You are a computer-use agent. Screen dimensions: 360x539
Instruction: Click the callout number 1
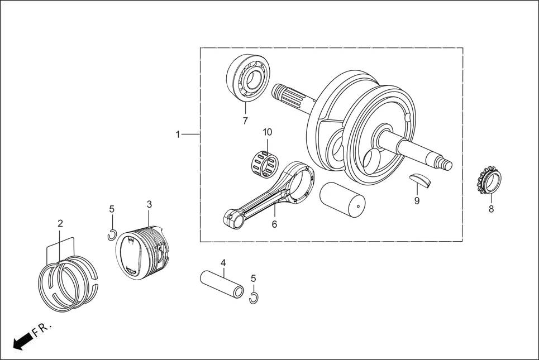[178, 135]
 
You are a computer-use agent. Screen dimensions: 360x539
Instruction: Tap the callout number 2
[60, 223]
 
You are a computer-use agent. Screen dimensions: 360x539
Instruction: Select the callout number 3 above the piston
[149, 204]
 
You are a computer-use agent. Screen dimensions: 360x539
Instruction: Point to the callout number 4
[223, 263]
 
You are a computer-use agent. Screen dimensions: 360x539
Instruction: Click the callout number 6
[274, 224]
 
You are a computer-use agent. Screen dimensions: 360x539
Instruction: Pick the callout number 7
[245, 121]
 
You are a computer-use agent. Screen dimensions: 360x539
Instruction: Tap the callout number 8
[491, 210]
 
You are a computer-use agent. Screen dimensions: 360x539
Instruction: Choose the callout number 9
[417, 201]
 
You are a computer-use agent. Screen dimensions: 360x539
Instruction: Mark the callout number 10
[268, 132]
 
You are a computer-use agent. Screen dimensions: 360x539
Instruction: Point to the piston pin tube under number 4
[223, 284]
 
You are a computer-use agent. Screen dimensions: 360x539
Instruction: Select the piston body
[142, 251]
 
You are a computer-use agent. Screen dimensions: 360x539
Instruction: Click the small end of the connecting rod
[233, 217]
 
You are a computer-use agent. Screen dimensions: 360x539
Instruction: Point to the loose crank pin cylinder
[341, 199]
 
